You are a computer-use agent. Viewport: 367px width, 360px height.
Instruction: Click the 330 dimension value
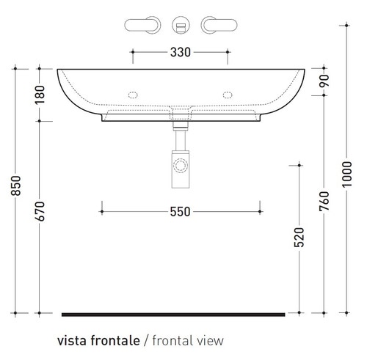tap(181, 52)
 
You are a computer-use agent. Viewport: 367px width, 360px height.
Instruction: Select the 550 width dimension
tap(181, 212)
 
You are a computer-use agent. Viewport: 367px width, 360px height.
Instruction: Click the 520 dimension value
tap(298, 239)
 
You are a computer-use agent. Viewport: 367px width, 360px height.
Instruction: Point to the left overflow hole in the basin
tap(134, 94)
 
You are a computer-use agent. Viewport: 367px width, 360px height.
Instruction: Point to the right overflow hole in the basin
tap(228, 94)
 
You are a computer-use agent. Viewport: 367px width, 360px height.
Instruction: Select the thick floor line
tap(172, 315)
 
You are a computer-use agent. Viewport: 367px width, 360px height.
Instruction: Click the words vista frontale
tap(99, 340)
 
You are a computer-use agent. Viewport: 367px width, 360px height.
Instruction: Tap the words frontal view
tap(187, 340)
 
